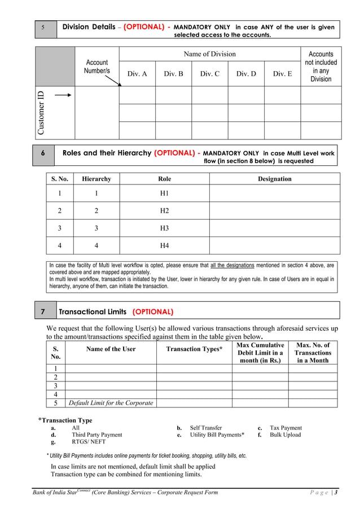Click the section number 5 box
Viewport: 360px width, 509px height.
[44, 28]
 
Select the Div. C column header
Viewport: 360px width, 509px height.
[209, 74]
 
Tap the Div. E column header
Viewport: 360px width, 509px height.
[282, 74]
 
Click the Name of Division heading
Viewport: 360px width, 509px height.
[210, 54]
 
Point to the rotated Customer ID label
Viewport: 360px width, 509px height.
[41, 113]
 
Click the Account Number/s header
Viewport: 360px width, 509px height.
[97, 67]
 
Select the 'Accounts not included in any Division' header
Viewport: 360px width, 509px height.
[321, 67]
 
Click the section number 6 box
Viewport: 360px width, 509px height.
[43, 153]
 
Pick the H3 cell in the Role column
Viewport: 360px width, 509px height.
[164, 229]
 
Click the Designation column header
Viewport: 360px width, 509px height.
[274, 179]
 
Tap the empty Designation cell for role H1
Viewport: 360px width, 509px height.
[274, 194]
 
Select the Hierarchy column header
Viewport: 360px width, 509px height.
[96, 179]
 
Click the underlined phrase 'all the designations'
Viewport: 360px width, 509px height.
[232, 265]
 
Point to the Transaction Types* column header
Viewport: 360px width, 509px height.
[194, 349]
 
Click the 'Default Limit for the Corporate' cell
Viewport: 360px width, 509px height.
[111, 403]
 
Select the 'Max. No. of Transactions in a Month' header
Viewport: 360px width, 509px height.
[313, 353]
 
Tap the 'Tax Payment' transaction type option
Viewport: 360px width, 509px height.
[286, 428]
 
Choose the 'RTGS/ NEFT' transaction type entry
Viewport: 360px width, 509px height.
[88, 442]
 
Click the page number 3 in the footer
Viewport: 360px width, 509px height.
[336, 493]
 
